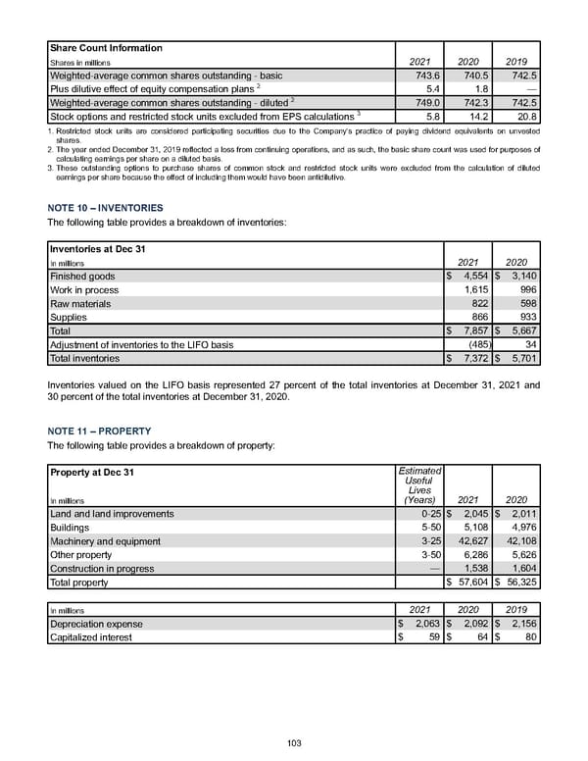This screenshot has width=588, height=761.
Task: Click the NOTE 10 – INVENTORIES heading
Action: (x=105, y=208)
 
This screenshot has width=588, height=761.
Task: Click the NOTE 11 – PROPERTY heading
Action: (x=98, y=431)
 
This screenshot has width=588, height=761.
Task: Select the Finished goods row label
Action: (x=82, y=277)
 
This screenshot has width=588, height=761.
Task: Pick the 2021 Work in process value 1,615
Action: (x=474, y=290)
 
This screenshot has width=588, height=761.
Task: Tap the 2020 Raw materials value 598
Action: (x=526, y=304)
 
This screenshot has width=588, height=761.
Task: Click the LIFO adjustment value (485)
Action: (x=479, y=344)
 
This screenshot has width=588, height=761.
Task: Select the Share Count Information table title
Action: (x=106, y=48)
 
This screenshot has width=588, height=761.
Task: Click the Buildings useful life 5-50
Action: (x=428, y=527)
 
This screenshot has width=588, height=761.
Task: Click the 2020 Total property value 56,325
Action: (x=522, y=583)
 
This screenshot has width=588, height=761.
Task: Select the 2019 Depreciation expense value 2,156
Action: (x=522, y=624)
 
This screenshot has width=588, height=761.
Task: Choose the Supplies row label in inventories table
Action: (x=70, y=318)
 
